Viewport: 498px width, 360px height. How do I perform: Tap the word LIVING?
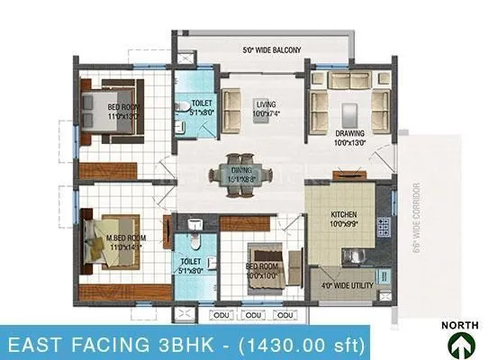click(264, 103)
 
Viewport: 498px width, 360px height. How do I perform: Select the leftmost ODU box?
click(221, 315)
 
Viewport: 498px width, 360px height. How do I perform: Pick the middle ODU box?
click(253, 315)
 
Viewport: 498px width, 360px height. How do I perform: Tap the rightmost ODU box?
click(285, 315)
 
